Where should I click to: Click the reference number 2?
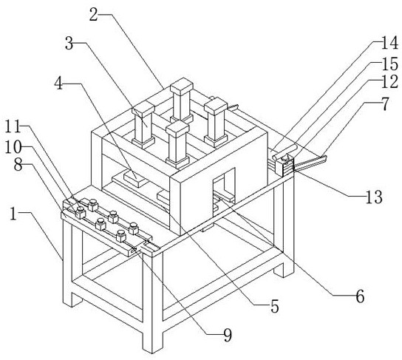click(94, 15)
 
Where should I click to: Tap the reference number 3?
click(69, 44)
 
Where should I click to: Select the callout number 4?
click(58, 84)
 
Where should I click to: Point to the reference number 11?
click(13, 126)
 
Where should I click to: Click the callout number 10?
click(13, 147)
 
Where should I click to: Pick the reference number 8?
click(18, 165)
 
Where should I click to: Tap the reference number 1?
click(13, 214)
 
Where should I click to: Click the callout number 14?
click(389, 43)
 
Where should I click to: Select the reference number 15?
click(390, 64)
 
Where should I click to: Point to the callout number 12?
click(389, 83)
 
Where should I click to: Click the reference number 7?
click(384, 104)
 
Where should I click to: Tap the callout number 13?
click(374, 197)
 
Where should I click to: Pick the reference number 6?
click(360, 296)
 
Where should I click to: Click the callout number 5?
click(275, 307)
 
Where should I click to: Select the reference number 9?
click(228, 336)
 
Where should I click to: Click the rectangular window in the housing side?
click(224, 190)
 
